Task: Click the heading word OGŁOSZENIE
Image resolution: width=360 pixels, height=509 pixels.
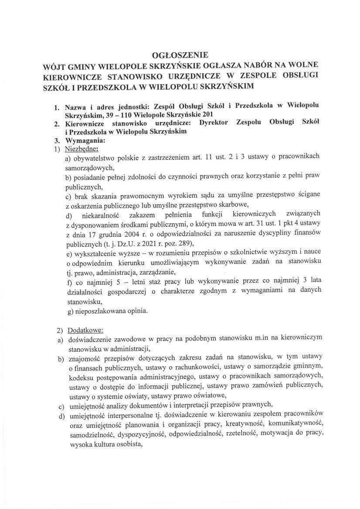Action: coord(180,55)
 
